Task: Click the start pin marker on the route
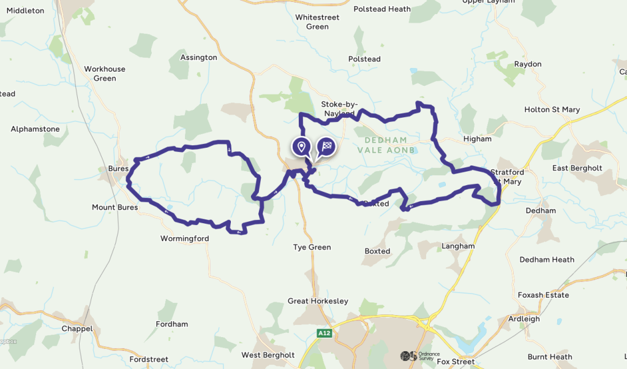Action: [301, 146]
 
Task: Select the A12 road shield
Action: [324, 333]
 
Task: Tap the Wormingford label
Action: [184, 238]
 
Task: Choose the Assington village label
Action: [198, 58]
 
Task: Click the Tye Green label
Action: [312, 248]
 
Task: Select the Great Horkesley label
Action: [318, 301]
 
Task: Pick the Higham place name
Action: [477, 139]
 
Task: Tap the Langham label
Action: [458, 246]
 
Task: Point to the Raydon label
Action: [528, 64]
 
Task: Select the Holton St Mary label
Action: [552, 110]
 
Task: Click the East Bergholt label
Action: [577, 168]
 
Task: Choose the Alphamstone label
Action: [35, 129]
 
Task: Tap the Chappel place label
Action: [77, 329]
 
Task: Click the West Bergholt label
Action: [268, 355]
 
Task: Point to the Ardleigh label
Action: [524, 319]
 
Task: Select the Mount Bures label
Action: [115, 207]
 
